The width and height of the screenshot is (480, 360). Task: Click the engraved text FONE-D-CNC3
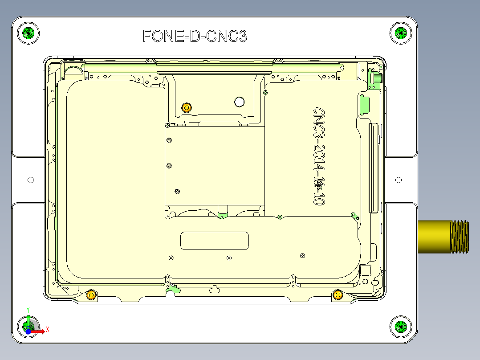coord(195,36)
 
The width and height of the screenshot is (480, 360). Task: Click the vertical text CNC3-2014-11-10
coord(319,155)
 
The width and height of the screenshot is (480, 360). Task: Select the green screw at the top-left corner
coord(28,33)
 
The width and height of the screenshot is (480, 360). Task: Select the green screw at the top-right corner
coord(401,33)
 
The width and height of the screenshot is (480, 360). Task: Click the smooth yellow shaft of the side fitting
coord(434,237)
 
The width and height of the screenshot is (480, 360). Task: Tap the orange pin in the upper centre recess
coord(187,107)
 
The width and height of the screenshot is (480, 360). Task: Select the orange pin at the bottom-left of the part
coord(91,295)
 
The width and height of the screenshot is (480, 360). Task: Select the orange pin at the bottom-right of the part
coord(338,295)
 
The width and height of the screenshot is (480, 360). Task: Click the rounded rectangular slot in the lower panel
coord(214,241)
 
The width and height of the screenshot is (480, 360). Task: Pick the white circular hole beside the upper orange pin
coord(240,102)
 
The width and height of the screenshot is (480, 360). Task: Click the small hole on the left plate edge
coord(31,180)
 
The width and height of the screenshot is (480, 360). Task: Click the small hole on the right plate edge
coord(399,180)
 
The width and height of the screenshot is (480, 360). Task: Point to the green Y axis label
coord(28,309)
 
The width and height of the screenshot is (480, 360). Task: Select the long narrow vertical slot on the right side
coord(373,168)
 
